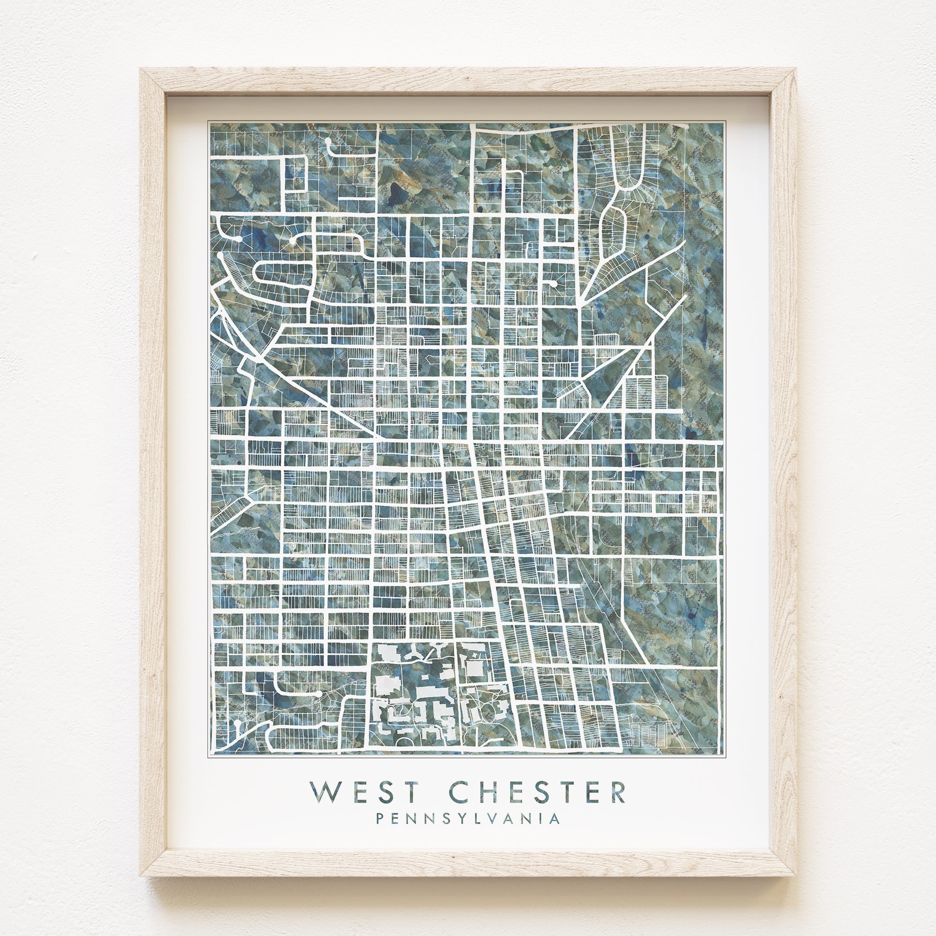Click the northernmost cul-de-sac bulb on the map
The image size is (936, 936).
click(x=327, y=139)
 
